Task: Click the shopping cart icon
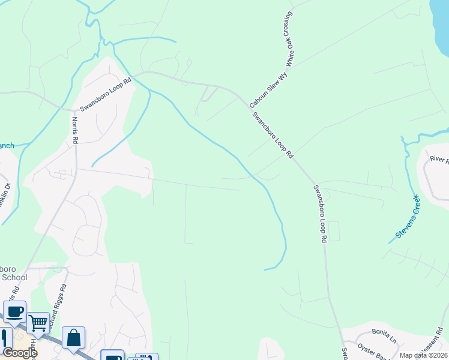tap(38, 323)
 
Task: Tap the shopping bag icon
tap(73, 337)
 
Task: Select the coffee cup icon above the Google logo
tap(15, 311)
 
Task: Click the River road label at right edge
tap(439, 160)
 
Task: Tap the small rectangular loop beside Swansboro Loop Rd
tap(333, 231)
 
